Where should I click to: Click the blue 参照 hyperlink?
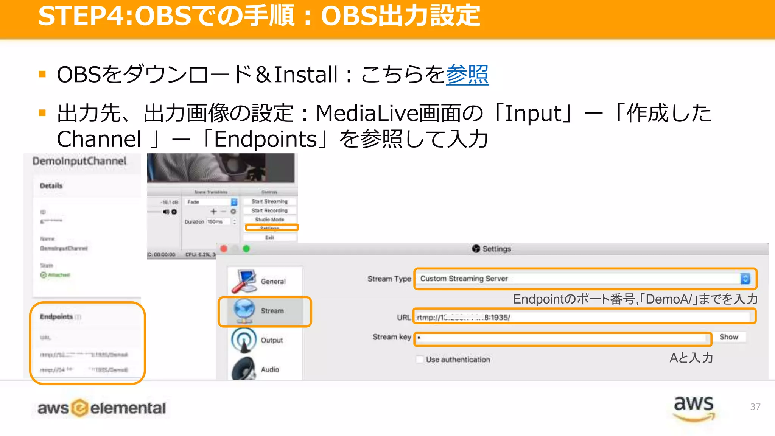coord(467,75)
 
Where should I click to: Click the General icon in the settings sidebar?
coord(244,281)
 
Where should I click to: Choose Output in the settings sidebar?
coord(271,340)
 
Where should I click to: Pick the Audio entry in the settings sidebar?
coord(269,369)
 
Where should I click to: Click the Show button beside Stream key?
coord(728,337)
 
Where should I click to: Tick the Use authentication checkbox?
coord(420,359)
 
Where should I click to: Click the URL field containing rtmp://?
coord(583,317)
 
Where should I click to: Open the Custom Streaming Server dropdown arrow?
coord(745,279)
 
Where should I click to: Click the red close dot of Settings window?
coord(224,249)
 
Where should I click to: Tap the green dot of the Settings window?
coord(246,249)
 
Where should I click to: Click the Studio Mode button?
coord(269,220)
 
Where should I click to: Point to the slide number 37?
coord(755,407)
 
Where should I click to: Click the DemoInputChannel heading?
coord(79,161)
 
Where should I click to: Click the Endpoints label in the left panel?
coord(56,316)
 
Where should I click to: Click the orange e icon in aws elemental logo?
coord(79,408)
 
